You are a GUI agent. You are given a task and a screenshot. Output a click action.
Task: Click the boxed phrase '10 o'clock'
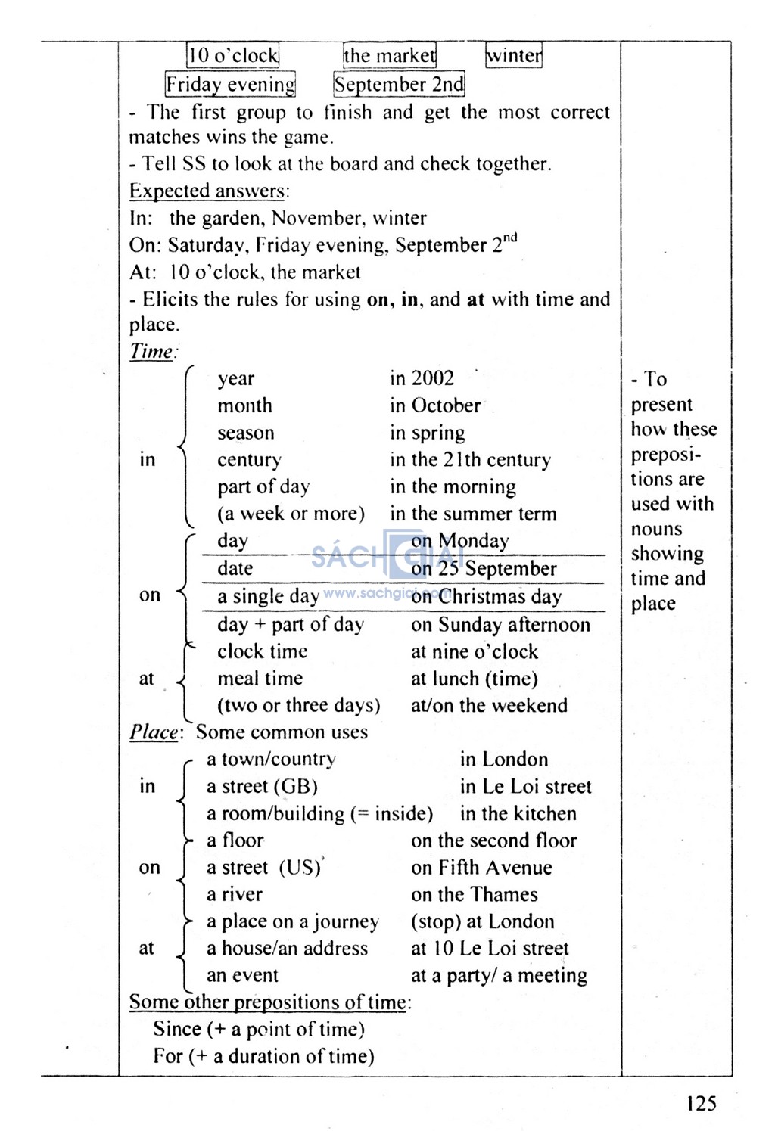click(233, 55)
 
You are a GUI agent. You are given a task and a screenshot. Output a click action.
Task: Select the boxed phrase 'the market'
click(390, 55)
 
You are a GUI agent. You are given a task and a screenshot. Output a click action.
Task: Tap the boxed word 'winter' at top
click(514, 55)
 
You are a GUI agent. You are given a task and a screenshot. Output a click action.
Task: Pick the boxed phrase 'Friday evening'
click(230, 84)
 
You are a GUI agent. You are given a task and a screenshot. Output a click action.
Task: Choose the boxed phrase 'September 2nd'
click(399, 84)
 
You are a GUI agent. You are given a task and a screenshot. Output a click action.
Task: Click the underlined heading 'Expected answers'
click(207, 191)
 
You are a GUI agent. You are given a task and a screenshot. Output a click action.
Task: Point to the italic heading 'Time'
click(151, 352)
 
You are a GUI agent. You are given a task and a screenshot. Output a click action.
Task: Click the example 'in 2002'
click(422, 378)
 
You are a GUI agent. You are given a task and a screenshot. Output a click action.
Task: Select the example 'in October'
click(435, 405)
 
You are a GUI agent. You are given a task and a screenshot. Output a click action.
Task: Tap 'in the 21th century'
click(470, 460)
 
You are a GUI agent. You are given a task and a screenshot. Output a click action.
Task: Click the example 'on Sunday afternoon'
click(500, 625)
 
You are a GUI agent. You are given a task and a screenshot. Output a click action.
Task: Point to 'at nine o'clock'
click(475, 651)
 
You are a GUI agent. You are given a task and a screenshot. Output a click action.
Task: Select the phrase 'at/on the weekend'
click(489, 706)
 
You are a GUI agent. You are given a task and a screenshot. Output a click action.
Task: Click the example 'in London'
click(504, 760)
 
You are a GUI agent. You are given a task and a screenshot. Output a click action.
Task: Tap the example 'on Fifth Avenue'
click(481, 868)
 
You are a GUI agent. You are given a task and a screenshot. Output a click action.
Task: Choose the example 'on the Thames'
click(475, 895)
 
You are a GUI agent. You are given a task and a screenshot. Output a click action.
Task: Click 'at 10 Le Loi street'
click(490, 949)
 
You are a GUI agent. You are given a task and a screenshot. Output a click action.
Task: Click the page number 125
click(701, 1103)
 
